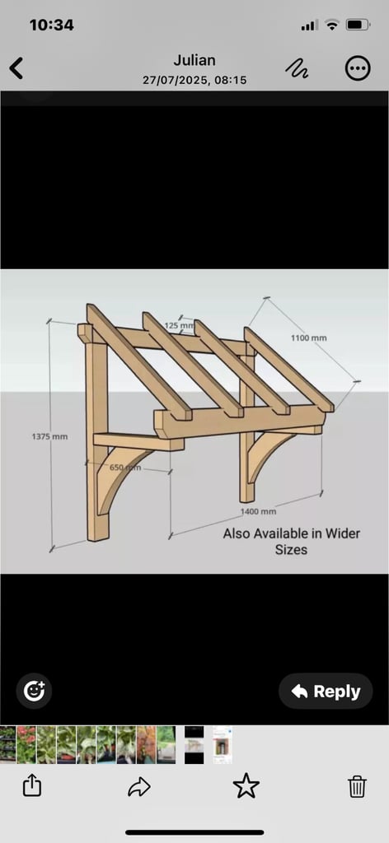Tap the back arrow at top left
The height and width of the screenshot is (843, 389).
tap(16, 69)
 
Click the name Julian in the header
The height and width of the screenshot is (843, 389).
tap(194, 59)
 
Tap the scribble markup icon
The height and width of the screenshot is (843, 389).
tap(297, 68)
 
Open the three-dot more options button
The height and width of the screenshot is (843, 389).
tap(357, 68)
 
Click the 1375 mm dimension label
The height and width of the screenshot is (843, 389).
tap(49, 436)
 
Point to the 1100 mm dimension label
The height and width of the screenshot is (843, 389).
tap(309, 338)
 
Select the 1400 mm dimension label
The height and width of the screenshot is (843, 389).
tap(258, 511)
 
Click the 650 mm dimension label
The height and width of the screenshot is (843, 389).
tap(125, 468)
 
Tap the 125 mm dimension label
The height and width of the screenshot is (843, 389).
tap(179, 325)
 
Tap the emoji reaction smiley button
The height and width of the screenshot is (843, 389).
tap(34, 691)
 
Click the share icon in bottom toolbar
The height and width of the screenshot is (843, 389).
tap(32, 786)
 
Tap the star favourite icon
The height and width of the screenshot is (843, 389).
tap(246, 786)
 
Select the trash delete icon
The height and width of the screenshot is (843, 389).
tap(357, 786)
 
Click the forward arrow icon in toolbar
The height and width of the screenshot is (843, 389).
tap(138, 787)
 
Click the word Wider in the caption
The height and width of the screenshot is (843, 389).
tap(342, 533)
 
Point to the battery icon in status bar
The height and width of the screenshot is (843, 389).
tap(358, 25)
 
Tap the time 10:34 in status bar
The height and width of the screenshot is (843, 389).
tap(52, 25)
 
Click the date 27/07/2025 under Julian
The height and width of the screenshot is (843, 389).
tap(172, 80)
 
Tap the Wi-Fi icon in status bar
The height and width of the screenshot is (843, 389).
tap(332, 25)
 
